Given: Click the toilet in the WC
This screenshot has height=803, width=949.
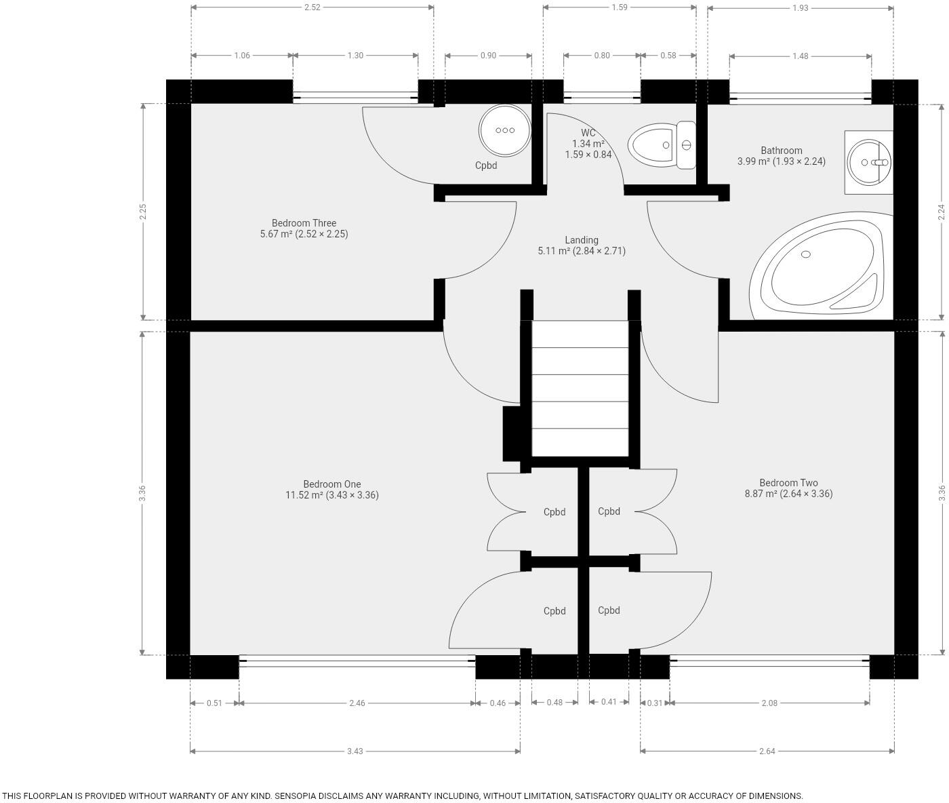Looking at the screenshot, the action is [x=662, y=144].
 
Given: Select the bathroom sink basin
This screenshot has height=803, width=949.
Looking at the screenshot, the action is [x=868, y=162].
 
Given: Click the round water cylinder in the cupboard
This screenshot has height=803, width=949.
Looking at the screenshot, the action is [x=504, y=130].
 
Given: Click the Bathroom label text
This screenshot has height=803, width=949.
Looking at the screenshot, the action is [x=782, y=150].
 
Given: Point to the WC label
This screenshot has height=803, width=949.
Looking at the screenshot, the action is [x=588, y=133].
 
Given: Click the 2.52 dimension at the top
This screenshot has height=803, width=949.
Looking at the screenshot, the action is [x=312, y=7].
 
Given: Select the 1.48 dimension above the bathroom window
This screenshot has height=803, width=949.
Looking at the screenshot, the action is [x=801, y=56].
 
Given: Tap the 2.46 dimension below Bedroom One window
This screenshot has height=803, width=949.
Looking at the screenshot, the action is [x=357, y=703].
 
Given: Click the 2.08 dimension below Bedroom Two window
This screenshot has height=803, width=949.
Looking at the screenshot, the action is [x=769, y=703].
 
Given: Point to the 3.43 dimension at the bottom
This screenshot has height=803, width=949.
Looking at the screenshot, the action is [x=355, y=751].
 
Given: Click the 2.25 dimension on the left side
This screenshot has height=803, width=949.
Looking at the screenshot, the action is [x=143, y=212].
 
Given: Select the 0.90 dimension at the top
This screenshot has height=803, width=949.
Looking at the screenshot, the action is [x=488, y=56].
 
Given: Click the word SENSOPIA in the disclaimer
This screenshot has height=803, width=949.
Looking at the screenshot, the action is [x=300, y=796].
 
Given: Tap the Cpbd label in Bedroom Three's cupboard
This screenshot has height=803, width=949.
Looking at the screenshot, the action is [x=486, y=165].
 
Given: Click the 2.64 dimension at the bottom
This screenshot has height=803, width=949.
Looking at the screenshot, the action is [x=767, y=751].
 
